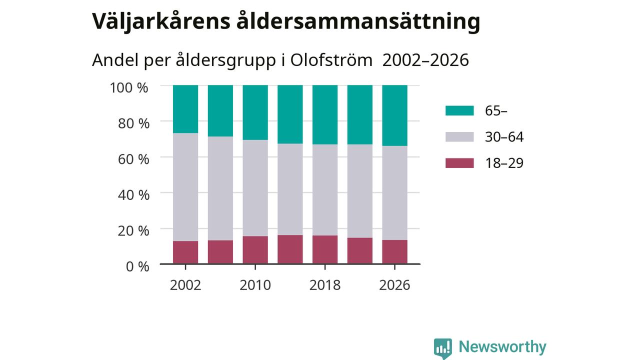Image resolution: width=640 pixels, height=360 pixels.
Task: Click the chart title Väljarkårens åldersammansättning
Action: point(286,21)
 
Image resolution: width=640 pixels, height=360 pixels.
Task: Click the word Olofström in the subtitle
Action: point(331,60)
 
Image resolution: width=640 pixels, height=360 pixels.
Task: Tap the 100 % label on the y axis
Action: point(129,87)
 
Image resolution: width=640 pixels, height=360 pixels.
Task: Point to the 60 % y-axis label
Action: point(133,159)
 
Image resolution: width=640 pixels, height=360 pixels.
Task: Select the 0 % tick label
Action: point(137,266)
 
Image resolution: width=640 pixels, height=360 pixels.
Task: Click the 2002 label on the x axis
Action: point(185,285)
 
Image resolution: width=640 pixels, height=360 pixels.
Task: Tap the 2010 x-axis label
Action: point(255,285)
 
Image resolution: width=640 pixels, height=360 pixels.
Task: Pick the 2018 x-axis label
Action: point(325,285)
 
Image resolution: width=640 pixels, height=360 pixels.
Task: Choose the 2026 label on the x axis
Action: point(394,285)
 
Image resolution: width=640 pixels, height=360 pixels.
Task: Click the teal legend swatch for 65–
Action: point(459,110)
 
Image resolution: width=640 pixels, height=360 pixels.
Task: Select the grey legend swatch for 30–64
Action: point(459,137)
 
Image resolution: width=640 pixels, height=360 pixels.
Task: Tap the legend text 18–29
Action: point(504,163)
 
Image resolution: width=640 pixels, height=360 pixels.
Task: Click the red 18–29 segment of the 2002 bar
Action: point(185,252)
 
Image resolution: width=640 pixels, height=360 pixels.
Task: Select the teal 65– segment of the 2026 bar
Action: point(394,115)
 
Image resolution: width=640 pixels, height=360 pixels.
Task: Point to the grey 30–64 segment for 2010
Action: point(255,188)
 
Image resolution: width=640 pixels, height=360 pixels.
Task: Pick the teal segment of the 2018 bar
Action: point(325,114)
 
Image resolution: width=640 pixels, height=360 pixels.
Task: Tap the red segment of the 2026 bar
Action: point(394,251)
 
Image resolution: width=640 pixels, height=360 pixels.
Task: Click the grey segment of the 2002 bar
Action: point(185,187)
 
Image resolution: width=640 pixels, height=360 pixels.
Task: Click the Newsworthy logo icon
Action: point(443,348)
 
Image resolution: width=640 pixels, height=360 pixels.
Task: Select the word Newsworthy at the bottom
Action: point(502,347)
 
